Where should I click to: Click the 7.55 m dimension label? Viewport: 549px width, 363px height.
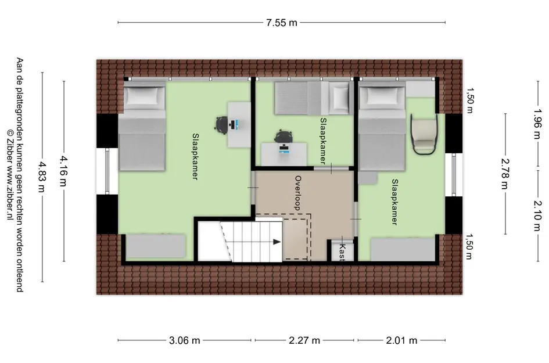click(282, 23)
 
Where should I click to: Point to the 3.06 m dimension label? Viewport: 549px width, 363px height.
click(185, 340)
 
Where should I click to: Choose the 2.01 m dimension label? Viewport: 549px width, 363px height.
click(402, 340)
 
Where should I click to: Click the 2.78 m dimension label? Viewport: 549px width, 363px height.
click(504, 174)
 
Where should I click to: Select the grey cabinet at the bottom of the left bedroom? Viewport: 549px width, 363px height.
click(156, 246)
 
